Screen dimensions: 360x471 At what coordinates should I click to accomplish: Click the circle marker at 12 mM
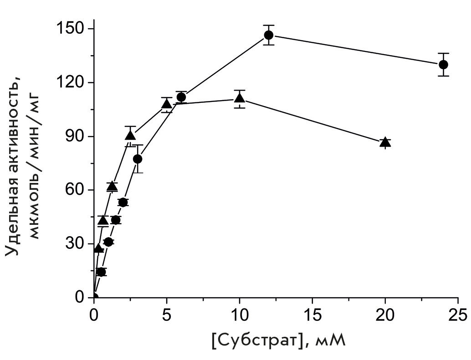(x=269, y=35)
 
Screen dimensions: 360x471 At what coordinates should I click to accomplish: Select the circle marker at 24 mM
(x=443, y=64)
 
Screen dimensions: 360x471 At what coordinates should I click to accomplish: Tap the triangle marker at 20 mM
(x=385, y=142)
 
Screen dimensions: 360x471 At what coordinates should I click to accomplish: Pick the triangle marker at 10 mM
(x=240, y=98)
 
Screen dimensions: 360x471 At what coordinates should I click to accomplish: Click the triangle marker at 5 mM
(x=167, y=104)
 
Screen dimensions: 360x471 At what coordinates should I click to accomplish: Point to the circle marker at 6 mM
(x=181, y=97)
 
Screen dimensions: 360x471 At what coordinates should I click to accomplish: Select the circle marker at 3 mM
(x=138, y=159)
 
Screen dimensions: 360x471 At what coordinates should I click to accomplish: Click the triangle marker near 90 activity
(x=130, y=136)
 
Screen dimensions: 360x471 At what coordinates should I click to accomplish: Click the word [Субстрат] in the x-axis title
(x=256, y=340)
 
